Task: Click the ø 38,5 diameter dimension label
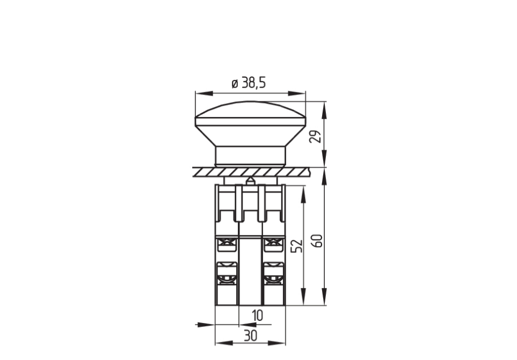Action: click(x=249, y=83)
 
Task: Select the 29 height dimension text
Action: click(x=316, y=136)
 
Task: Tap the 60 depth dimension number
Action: click(x=318, y=241)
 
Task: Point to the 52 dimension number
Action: click(x=297, y=245)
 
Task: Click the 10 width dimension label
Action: click(x=257, y=316)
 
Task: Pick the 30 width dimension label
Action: click(x=251, y=336)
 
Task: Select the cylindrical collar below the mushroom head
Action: click(x=251, y=156)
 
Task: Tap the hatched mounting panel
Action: click(x=251, y=172)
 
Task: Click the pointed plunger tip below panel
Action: click(x=251, y=180)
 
